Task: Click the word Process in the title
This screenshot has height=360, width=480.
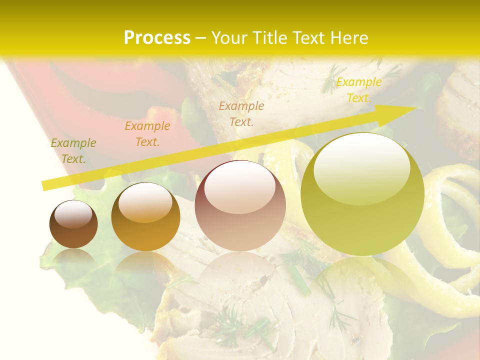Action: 157,37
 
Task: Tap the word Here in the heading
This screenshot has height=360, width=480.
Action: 350,37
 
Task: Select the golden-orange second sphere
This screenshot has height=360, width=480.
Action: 145,217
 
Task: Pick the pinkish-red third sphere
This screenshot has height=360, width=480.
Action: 240,206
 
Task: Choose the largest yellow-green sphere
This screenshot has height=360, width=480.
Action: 362,195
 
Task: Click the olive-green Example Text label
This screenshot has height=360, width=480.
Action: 73,150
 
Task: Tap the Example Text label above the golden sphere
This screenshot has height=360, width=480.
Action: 147,133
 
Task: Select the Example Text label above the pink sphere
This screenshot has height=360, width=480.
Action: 241,113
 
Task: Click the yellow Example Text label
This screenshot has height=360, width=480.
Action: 358,90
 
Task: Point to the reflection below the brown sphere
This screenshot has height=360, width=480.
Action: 73,260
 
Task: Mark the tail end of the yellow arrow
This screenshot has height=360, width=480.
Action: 45,186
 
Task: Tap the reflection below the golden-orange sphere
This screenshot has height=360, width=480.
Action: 145,267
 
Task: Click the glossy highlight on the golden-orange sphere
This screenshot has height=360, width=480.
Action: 145,201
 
